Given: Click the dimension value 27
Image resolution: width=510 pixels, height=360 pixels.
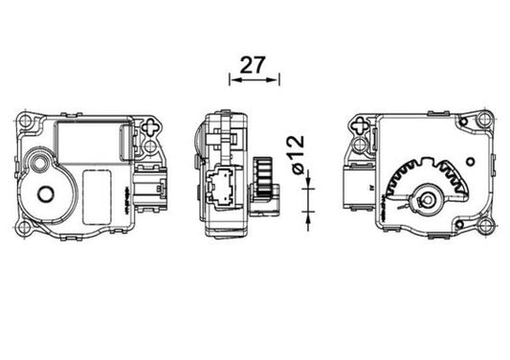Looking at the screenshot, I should (252, 65).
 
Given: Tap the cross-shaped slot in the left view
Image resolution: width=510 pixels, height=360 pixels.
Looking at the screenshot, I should (153, 125).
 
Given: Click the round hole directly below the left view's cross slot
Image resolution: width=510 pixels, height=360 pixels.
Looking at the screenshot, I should (152, 146).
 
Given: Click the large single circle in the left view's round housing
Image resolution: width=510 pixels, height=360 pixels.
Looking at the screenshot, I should (45, 194).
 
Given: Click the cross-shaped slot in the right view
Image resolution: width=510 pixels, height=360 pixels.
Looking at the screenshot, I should (360, 125).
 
